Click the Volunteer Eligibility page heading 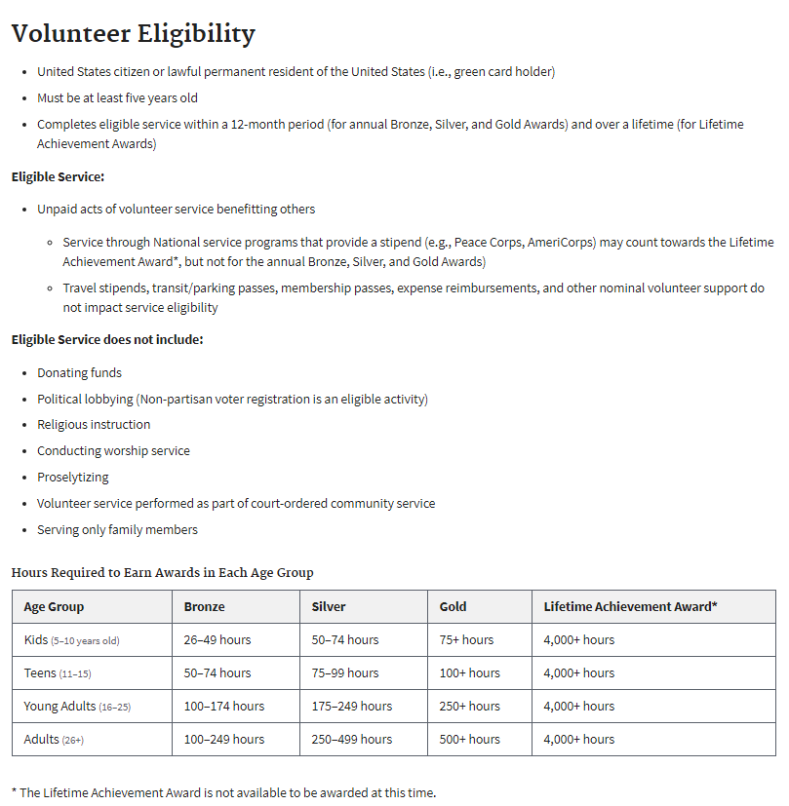133,34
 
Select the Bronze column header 204,606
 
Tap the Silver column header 329,606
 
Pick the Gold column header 453,606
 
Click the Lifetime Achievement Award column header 630,606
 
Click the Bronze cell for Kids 217,640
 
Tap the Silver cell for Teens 344,673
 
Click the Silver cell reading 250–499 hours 351,740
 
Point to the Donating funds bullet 79,372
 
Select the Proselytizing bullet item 73,478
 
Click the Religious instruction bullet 94,425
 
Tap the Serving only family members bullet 117,530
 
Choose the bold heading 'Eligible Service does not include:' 107,340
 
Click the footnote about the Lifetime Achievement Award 223,792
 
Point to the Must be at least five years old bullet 117,98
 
